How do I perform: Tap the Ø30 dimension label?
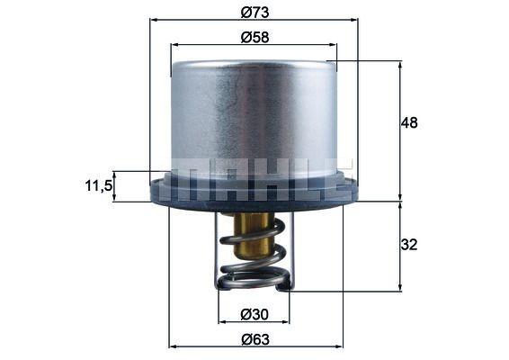254,313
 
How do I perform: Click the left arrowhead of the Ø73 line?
153,20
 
